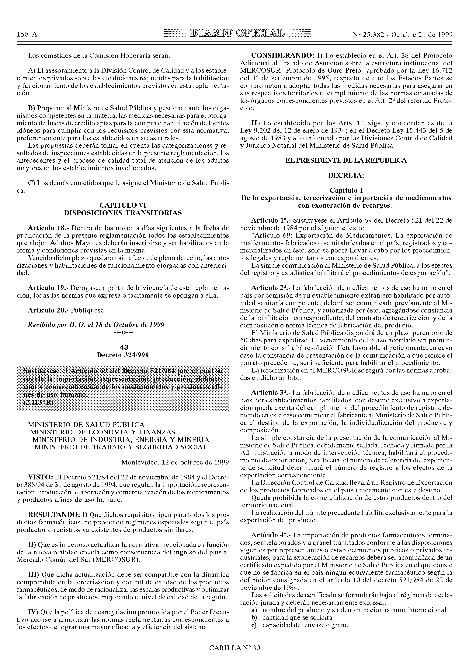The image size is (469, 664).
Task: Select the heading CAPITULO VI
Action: [x=123, y=205]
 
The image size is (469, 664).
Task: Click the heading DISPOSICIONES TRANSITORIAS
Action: [x=123, y=213]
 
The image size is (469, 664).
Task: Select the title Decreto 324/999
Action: [x=123, y=355]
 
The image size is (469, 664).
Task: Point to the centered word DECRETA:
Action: [x=346, y=175]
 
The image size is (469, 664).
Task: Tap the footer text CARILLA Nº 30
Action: [x=235, y=648]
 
